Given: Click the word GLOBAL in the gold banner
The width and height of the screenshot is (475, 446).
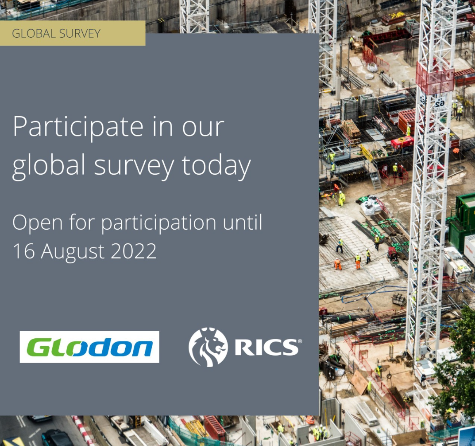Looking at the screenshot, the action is [x=34, y=33].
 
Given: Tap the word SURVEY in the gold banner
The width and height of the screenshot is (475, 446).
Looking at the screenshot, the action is [x=80, y=33].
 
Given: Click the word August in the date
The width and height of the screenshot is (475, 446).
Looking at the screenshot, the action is [x=73, y=252].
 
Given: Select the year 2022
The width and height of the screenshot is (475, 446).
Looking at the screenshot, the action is [x=134, y=251].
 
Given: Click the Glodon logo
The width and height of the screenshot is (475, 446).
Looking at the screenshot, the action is [x=89, y=347].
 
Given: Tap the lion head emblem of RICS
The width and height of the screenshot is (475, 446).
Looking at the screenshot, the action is [x=208, y=347].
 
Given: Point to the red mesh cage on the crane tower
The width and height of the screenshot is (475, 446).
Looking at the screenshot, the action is [x=435, y=78].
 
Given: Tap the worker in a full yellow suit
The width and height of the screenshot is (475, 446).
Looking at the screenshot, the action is [x=342, y=199].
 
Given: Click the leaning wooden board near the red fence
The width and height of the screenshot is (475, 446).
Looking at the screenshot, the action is [x=359, y=382].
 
